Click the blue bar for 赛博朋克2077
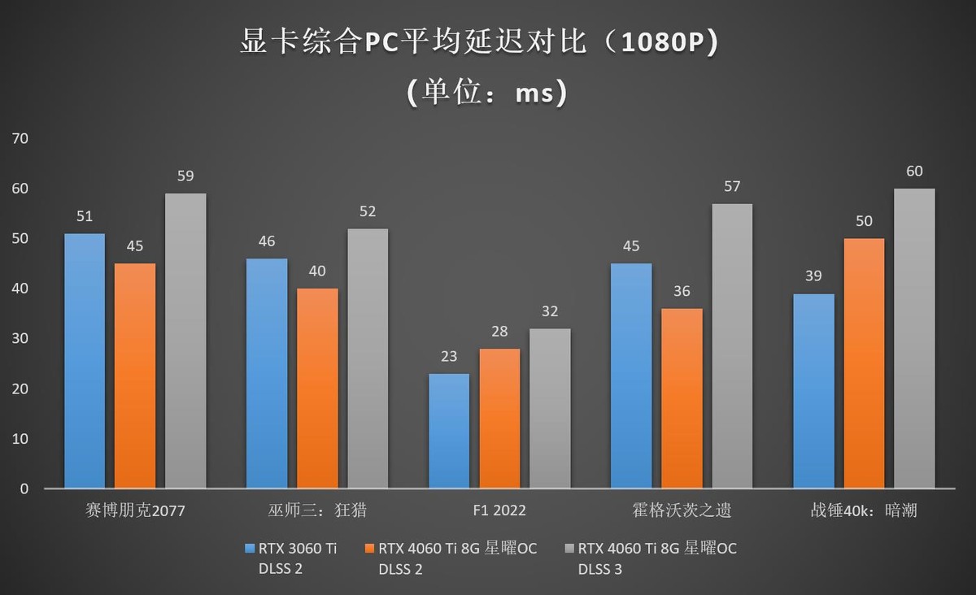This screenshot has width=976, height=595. click(x=85, y=361)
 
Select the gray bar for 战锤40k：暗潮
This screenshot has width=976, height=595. click(x=914, y=338)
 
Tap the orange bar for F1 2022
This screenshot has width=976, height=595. click(x=499, y=418)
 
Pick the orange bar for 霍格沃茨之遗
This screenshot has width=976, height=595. click(x=682, y=398)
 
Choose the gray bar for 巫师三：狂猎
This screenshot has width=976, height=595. click(x=368, y=358)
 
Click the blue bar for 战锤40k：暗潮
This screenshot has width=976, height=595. click(x=813, y=391)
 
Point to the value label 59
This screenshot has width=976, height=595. click(x=185, y=176)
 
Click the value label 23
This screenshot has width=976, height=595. click(x=449, y=356)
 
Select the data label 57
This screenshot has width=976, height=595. click(x=732, y=186)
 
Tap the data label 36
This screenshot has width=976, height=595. click(x=682, y=291)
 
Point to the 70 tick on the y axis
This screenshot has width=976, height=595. click(x=20, y=138)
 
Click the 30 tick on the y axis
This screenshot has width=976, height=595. click(x=20, y=338)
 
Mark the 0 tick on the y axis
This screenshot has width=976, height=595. click(x=24, y=489)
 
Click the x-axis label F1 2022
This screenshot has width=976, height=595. click(x=499, y=510)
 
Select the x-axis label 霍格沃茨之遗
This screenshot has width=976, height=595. click(x=682, y=510)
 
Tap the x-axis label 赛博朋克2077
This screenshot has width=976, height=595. click(x=135, y=510)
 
